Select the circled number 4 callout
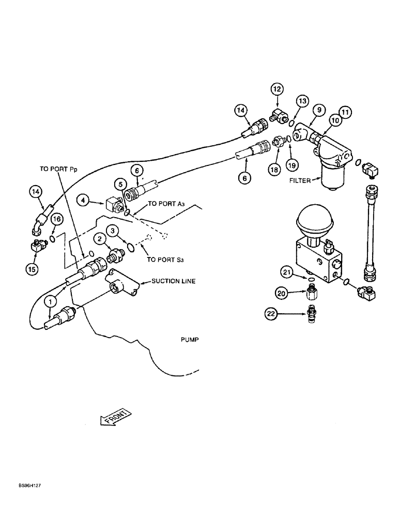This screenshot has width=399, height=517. coord(84,199)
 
